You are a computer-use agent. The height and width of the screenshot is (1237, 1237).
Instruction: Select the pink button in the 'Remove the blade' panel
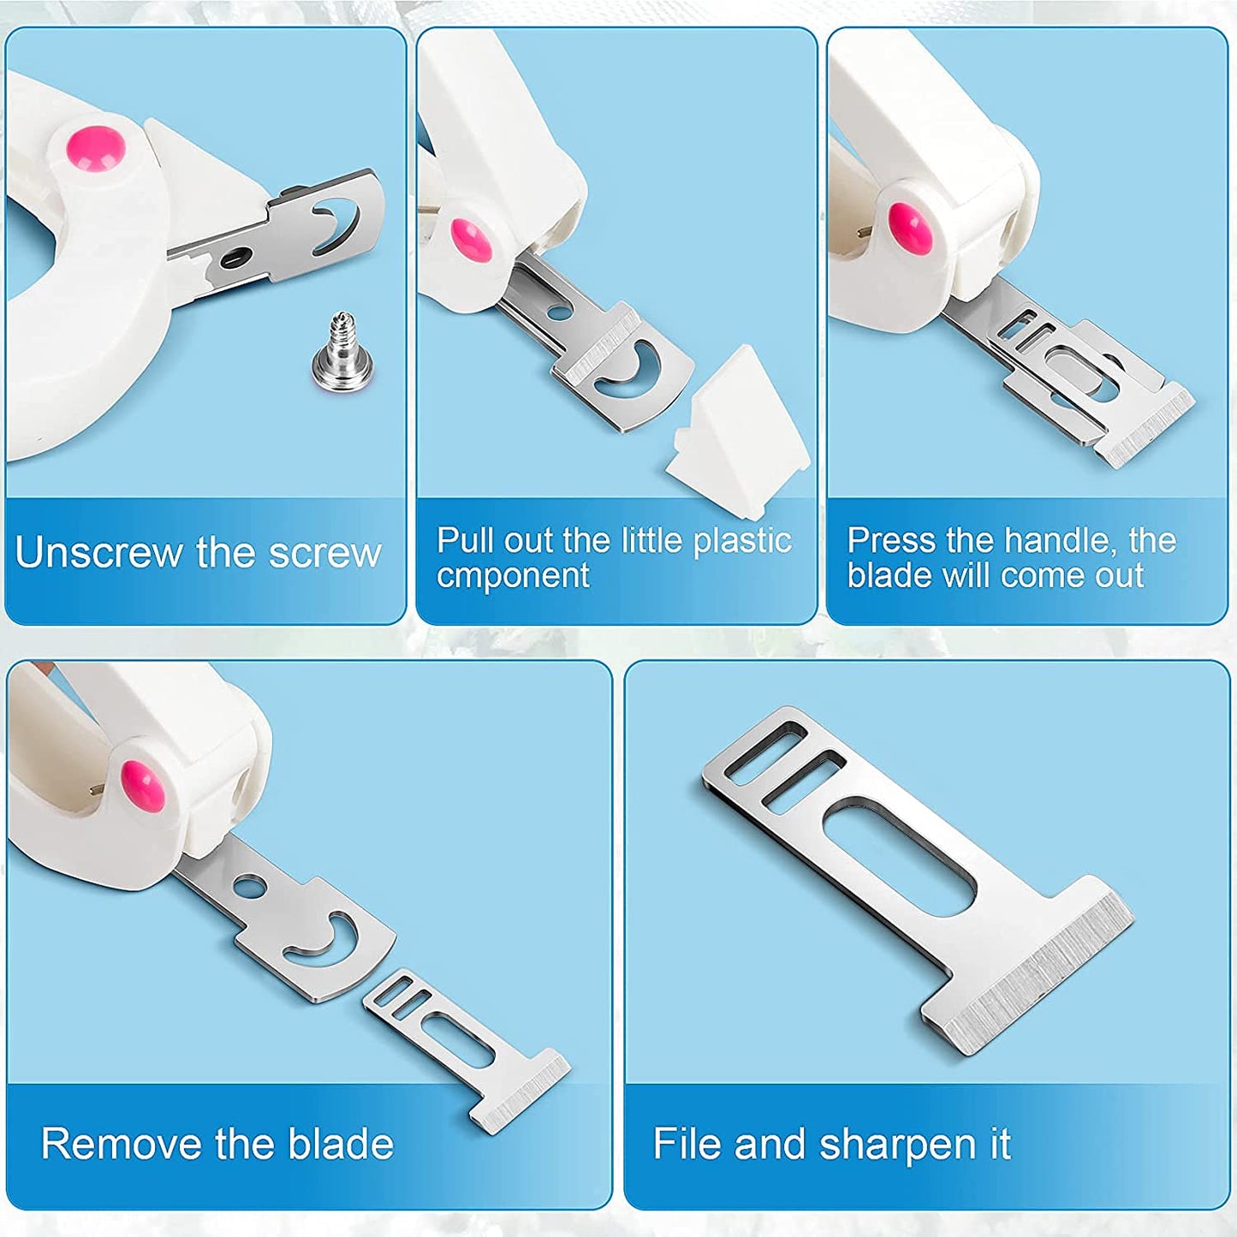(142, 785)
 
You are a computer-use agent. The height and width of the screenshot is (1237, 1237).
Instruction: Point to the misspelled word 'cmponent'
(513, 576)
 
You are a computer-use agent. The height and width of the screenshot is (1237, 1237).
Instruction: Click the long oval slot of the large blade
(899, 856)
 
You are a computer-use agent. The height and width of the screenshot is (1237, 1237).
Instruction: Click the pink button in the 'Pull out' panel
(471, 239)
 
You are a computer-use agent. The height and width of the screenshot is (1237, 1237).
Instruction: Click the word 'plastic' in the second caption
(741, 541)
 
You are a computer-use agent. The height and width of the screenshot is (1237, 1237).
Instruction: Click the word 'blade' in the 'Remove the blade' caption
(341, 1145)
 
